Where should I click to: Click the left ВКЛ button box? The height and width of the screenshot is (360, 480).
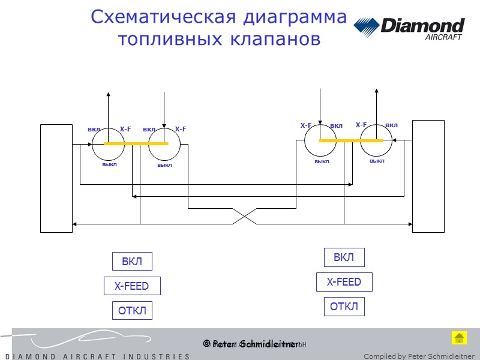pyautogui.click(x=132, y=262)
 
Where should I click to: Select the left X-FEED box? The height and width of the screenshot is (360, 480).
pyautogui.click(x=132, y=286)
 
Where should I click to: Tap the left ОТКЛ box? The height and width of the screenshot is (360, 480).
pyautogui.click(x=132, y=311)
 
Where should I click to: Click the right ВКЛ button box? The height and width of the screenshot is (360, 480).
pyautogui.click(x=344, y=257)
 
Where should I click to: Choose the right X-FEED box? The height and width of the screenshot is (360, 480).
pyautogui.click(x=344, y=282)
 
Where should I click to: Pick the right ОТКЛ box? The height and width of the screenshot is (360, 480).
pyautogui.click(x=344, y=307)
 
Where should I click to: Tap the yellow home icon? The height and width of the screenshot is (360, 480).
pyautogui.click(x=459, y=338)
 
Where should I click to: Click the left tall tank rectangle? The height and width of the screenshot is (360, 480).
pyautogui.click(x=56, y=178)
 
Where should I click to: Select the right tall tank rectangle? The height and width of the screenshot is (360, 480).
pyautogui.click(x=428, y=175)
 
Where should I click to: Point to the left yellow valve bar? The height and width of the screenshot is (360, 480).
pyautogui.click(x=136, y=144)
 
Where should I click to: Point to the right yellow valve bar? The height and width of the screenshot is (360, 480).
pyautogui.click(x=350, y=140)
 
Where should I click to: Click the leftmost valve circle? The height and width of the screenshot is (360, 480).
pyautogui.click(x=108, y=145)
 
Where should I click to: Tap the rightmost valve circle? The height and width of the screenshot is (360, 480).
pyautogui.click(x=376, y=140)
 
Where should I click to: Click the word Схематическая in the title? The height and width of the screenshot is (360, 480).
pyautogui.click(x=162, y=17)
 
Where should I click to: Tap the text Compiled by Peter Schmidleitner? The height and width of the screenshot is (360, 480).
pyautogui.click(x=419, y=356)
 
